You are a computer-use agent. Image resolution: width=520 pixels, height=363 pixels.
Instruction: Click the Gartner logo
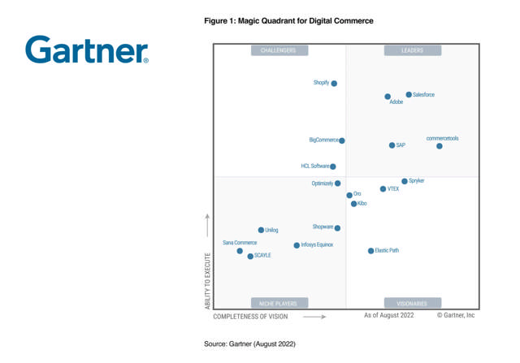[x=87, y=50]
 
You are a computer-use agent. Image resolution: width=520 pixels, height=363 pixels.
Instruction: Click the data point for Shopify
[x=334, y=83]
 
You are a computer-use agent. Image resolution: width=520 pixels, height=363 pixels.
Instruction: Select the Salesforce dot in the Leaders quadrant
[x=409, y=94]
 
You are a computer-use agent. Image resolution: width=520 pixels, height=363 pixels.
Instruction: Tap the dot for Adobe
[x=388, y=97]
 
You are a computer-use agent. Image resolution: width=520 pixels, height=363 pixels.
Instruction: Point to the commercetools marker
[x=440, y=146]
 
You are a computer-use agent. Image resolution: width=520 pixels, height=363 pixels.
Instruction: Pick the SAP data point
[x=392, y=145]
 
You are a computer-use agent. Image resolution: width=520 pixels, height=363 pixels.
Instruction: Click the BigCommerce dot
[x=342, y=140]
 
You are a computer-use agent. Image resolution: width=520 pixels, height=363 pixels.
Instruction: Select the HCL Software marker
[x=333, y=166]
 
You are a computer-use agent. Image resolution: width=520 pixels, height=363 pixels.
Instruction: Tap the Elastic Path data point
[x=370, y=251]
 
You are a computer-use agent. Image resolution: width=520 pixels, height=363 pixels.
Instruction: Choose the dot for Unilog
[x=261, y=230]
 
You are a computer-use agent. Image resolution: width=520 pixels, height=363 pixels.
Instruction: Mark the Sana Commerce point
[x=240, y=251]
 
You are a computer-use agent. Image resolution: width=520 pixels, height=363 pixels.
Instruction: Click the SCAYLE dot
[x=250, y=257]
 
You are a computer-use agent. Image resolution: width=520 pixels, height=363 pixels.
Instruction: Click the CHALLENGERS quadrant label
[x=279, y=50]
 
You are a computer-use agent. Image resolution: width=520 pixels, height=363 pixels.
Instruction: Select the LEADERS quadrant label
[x=412, y=50]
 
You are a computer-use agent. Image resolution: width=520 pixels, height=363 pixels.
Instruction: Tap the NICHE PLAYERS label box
[x=279, y=303]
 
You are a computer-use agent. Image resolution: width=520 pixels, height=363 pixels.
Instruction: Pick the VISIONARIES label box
[x=412, y=303]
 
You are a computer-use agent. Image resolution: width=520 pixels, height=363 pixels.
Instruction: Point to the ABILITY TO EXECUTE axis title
[x=208, y=280]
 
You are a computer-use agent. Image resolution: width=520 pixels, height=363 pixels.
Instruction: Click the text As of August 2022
[x=388, y=315]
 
